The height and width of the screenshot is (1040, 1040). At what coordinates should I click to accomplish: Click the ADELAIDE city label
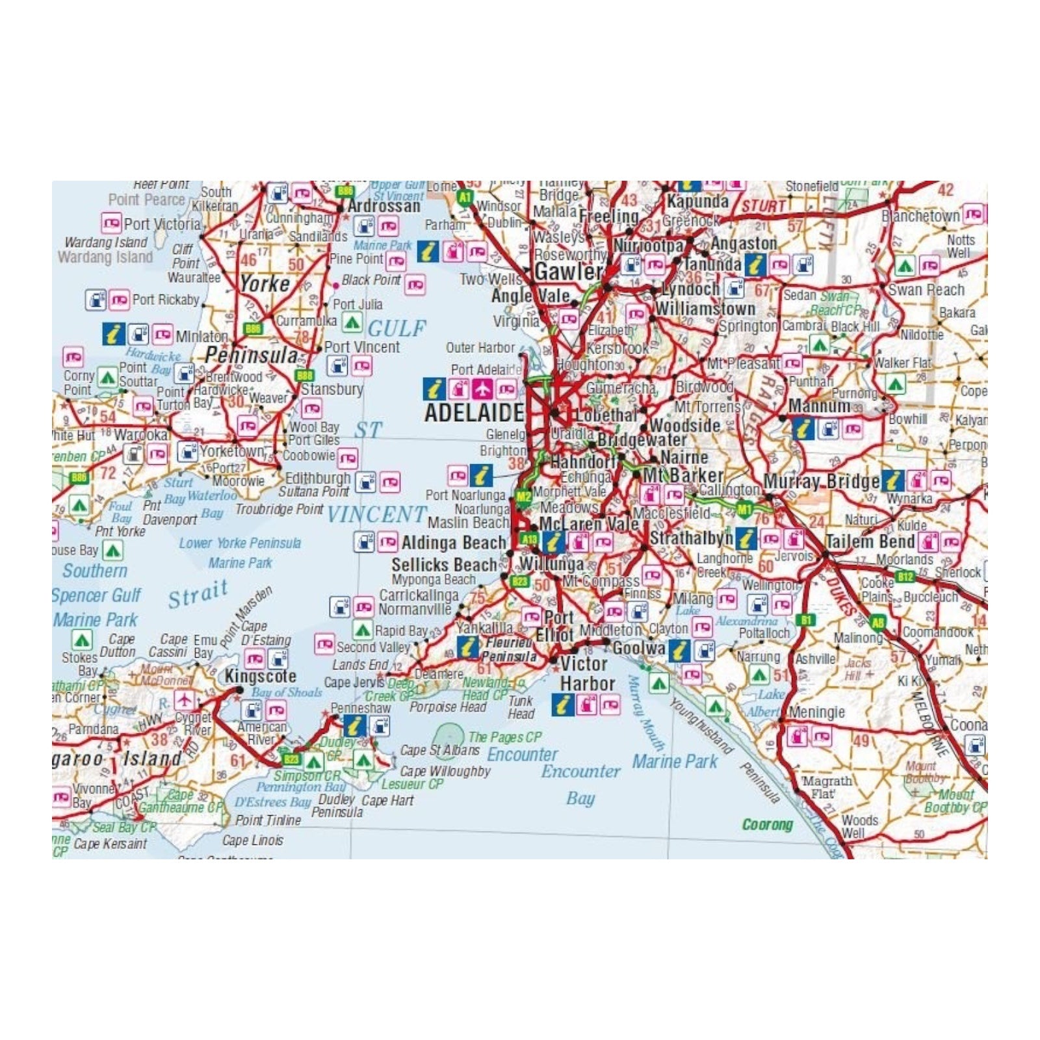point(474,413)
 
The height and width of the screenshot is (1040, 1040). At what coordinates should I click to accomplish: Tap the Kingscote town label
point(260,677)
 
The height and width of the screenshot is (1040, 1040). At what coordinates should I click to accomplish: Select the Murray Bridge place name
point(821,482)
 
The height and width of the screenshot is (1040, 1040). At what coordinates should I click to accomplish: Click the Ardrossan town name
point(384,206)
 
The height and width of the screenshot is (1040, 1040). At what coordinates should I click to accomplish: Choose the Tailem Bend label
point(870,541)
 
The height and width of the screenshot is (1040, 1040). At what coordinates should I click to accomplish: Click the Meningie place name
point(817,712)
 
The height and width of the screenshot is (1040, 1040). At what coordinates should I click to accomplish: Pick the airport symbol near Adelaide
point(482,389)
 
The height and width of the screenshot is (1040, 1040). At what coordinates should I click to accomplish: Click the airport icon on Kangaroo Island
point(185,700)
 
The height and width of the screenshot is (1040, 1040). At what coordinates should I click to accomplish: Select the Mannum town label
point(819,406)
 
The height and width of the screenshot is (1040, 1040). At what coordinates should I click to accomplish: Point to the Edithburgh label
point(318,478)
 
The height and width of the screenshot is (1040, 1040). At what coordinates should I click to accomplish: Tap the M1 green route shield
point(744,509)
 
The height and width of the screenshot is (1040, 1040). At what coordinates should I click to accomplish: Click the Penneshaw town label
point(361,708)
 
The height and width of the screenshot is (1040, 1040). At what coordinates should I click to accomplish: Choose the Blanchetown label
point(920,216)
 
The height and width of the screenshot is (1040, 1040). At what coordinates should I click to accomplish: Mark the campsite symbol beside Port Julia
point(352,322)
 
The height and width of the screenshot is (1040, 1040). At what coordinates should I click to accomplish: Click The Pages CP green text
point(504,737)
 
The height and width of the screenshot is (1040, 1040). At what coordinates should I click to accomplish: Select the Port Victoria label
point(162,224)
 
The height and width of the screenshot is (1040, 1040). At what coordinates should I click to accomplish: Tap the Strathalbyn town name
point(691,538)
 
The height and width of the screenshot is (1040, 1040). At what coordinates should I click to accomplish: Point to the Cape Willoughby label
point(445,772)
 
